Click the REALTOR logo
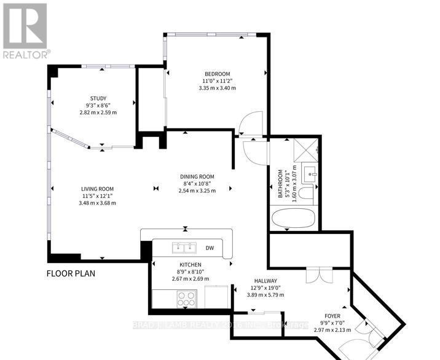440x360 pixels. pyautogui.click(x=25, y=30)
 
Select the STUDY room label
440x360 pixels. pyautogui.click(x=98, y=98)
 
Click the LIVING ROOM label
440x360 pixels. pyautogui.click(x=98, y=189)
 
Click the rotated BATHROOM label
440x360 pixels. pyautogui.click(x=281, y=184)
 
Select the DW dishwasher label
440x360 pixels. pyautogui.click(x=210, y=248)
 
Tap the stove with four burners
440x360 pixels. pyautogui.click(x=186, y=299)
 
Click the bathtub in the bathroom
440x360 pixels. pyautogui.click(x=294, y=219)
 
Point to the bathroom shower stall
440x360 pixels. pyautogui.click(x=305, y=151)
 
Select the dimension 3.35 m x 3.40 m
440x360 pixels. pyautogui.click(x=217, y=88)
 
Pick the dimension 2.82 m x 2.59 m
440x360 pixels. pyautogui.click(x=98, y=112)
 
